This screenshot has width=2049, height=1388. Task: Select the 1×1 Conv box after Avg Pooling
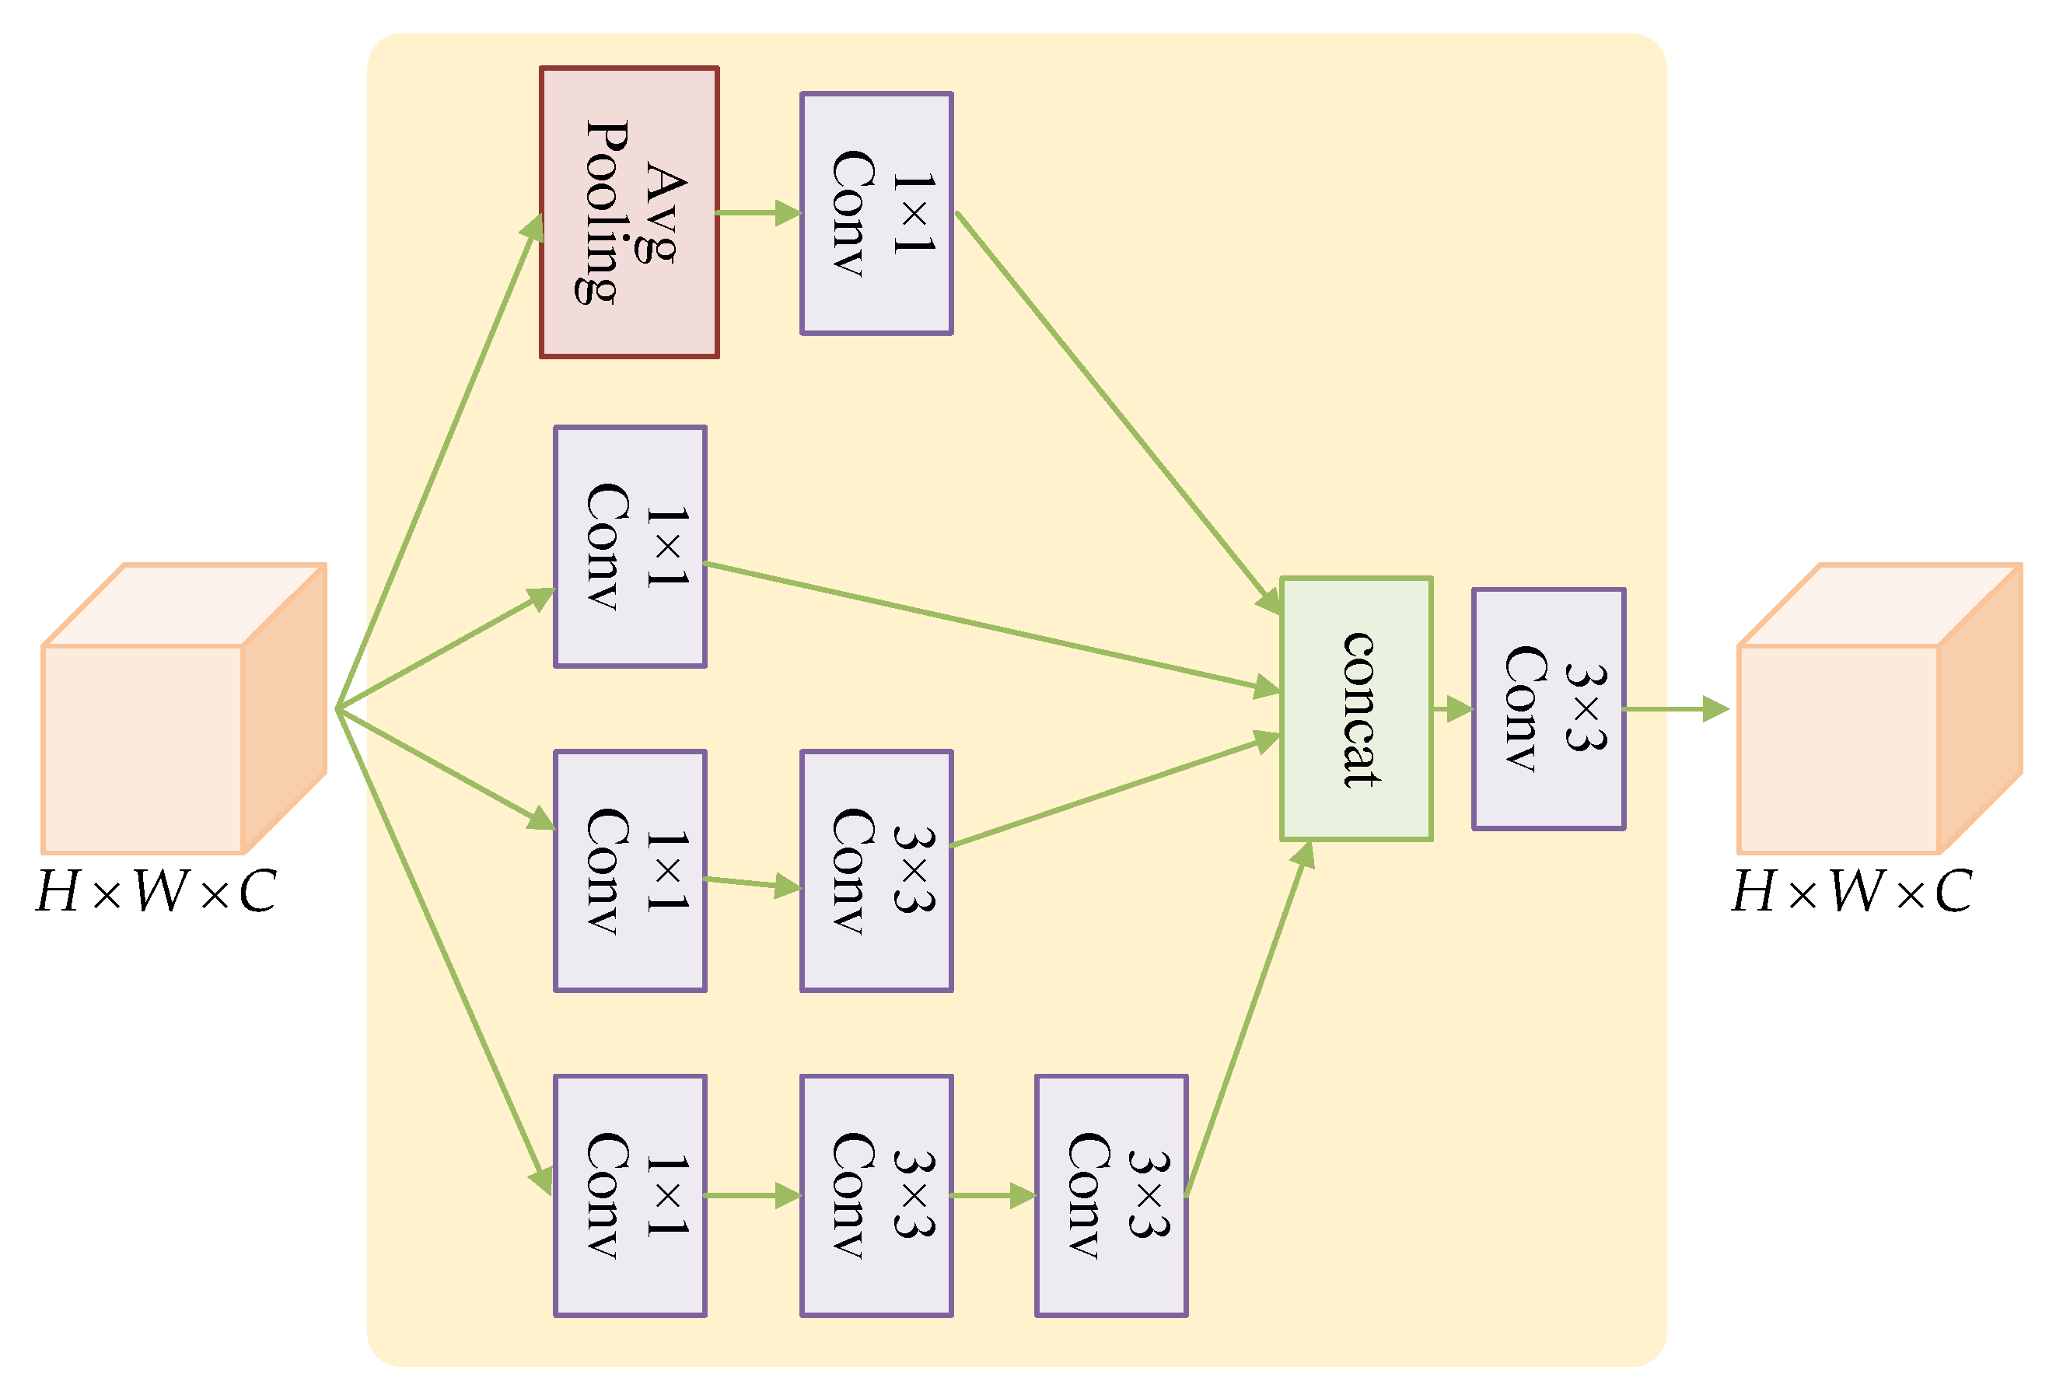(876, 213)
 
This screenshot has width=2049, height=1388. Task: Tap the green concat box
(1355, 709)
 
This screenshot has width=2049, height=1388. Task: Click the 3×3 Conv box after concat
(1547, 709)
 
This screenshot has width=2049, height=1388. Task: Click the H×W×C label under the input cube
(157, 893)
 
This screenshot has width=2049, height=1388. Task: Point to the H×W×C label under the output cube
(1852, 893)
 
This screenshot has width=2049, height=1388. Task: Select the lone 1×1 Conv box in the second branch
(630, 547)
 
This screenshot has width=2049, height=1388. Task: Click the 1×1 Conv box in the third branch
(630, 871)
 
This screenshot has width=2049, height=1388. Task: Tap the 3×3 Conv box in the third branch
(876, 871)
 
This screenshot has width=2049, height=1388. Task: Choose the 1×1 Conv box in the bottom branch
(630, 1196)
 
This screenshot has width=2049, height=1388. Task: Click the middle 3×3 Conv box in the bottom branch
(876, 1196)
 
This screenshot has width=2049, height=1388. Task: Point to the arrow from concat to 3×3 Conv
(1451, 708)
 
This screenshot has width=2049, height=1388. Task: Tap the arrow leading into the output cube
(1675, 708)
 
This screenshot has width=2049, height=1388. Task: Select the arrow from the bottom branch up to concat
(1247, 1023)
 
